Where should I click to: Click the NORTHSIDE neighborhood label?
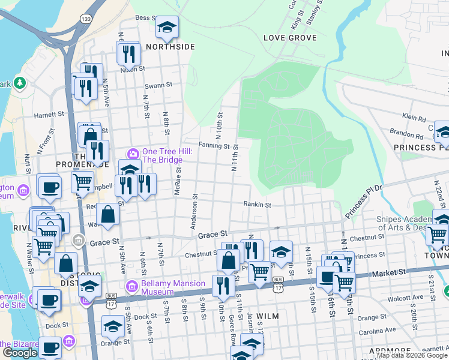tap(170, 47)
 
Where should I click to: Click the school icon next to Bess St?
tap(166, 27)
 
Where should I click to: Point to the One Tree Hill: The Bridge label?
tap(167, 156)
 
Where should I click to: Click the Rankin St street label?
tap(258, 205)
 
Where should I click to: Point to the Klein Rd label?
tap(414, 119)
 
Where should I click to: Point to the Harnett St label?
tap(49, 114)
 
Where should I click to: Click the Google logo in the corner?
tap(20, 353)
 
